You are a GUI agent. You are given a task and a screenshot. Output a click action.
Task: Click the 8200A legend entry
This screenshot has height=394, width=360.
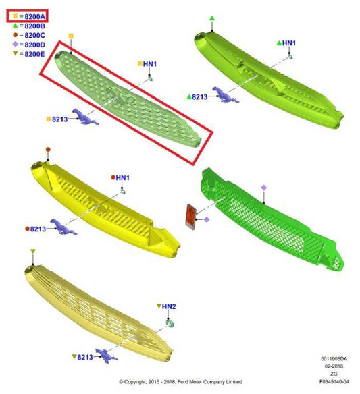pyautogui.click(x=29, y=17)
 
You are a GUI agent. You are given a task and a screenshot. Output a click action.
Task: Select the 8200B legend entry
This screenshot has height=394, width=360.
pyautogui.click(x=29, y=26)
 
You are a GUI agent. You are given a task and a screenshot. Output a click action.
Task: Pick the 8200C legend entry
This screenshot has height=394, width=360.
pyautogui.click(x=29, y=35)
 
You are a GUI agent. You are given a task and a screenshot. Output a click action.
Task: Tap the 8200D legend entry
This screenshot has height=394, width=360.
pyautogui.click(x=29, y=45)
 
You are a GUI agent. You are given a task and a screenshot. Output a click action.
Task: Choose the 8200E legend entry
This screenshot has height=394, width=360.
pyautogui.click(x=29, y=54)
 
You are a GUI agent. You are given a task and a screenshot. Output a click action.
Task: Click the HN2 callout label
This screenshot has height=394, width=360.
pyautogui.click(x=166, y=306)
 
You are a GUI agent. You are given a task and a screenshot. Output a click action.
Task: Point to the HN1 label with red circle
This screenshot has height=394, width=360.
pyautogui.click(x=120, y=178)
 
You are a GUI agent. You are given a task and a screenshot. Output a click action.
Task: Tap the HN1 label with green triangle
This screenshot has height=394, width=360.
pyautogui.click(x=286, y=43)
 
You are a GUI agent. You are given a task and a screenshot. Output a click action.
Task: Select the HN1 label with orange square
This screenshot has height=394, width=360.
pyautogui.click(x=147, y=64)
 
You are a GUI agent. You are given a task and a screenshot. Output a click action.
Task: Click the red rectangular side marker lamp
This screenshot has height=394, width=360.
pyautogui.click(x=191, y=217)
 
